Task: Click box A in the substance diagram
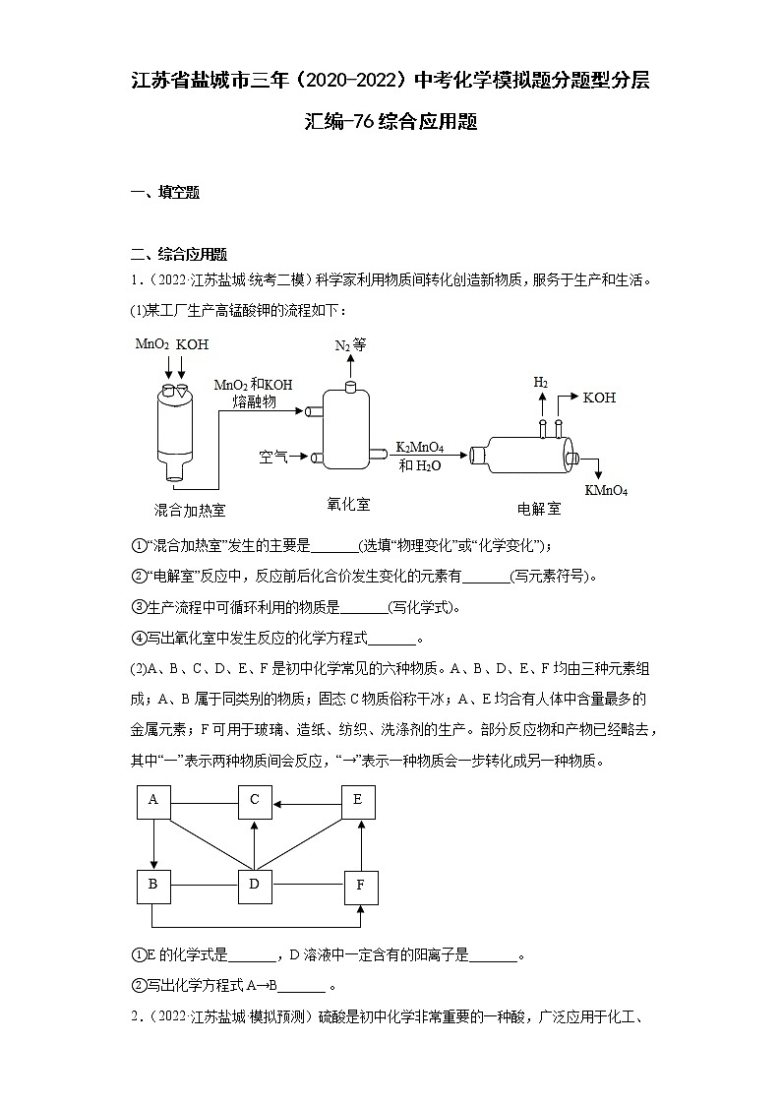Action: coord(153,801)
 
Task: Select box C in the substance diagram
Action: coord(254,801)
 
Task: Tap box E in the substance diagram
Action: coord(358,801)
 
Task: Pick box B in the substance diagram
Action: coord(153,885)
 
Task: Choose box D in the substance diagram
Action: coord(254,885)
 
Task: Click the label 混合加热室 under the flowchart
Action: coord(190,510)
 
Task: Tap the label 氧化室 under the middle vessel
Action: coord(348,504)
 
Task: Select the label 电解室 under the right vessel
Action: coord(539,509)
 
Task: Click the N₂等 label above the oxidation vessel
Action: coord(350,345)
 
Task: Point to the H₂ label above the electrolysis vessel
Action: coord(541,382)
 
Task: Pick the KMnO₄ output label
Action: coord(606,490)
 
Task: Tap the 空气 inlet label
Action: coord(273,457)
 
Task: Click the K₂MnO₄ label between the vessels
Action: coord(420,447)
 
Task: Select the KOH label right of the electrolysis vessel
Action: coord(599,398)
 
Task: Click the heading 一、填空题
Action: coord(165,193)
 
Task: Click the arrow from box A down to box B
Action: coord(153,842)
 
